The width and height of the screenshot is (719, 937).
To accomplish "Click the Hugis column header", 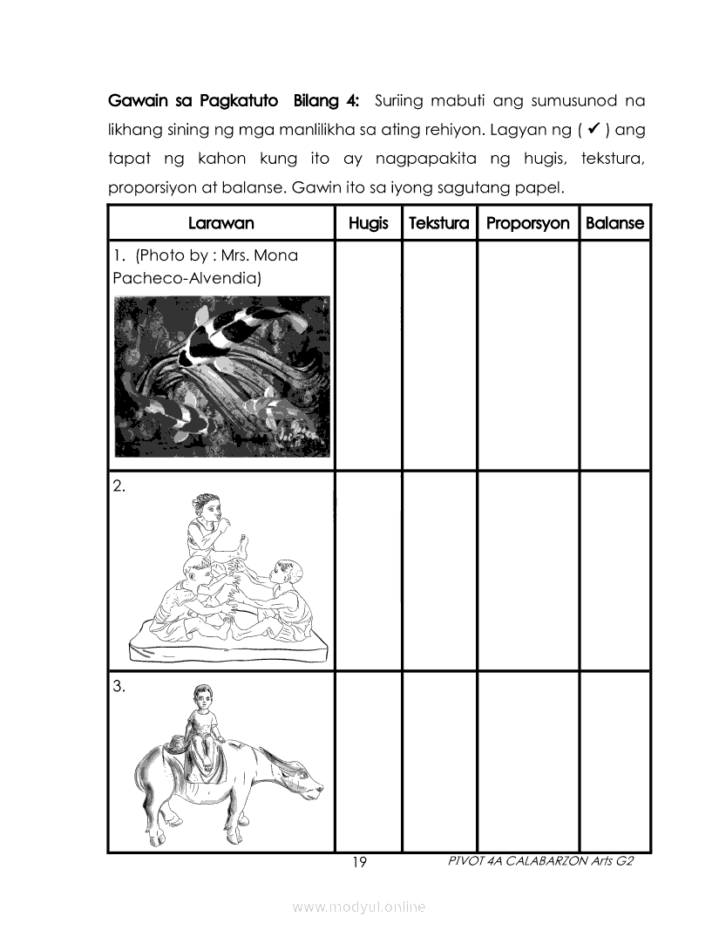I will (x=368, y=223).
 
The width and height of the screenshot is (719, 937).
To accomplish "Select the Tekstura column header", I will (x=438, y=223).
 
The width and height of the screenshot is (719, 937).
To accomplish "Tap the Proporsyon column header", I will (x=527, y=223).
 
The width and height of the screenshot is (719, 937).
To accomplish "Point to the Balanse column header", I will (x=614, y=223).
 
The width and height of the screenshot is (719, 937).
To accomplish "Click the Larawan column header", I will (x=220, y=223).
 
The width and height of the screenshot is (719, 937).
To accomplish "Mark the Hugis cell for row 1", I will (x=368, y=355).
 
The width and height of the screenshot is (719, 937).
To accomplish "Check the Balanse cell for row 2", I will (x=614, y=571).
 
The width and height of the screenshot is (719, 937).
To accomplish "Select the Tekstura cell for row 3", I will (x=438, y=761).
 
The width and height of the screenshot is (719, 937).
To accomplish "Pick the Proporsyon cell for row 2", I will (x=527, y=571).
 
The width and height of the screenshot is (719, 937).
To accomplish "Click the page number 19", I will (x=359, y=863).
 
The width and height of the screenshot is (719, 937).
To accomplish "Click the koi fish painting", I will (x=221, y=376).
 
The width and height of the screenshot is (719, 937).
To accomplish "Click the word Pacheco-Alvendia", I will (x=187, y=278).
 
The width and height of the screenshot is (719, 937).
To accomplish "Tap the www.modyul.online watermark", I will (x=359, y=907).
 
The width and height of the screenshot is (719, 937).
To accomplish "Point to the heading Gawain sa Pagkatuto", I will (x=193, y=100).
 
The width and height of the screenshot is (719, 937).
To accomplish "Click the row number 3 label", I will (x=119, y=686).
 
